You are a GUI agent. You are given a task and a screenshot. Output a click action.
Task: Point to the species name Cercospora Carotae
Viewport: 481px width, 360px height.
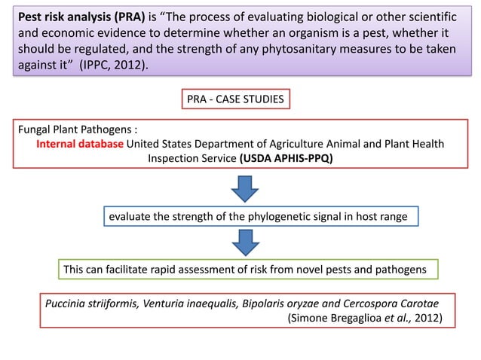click(398, 304)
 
